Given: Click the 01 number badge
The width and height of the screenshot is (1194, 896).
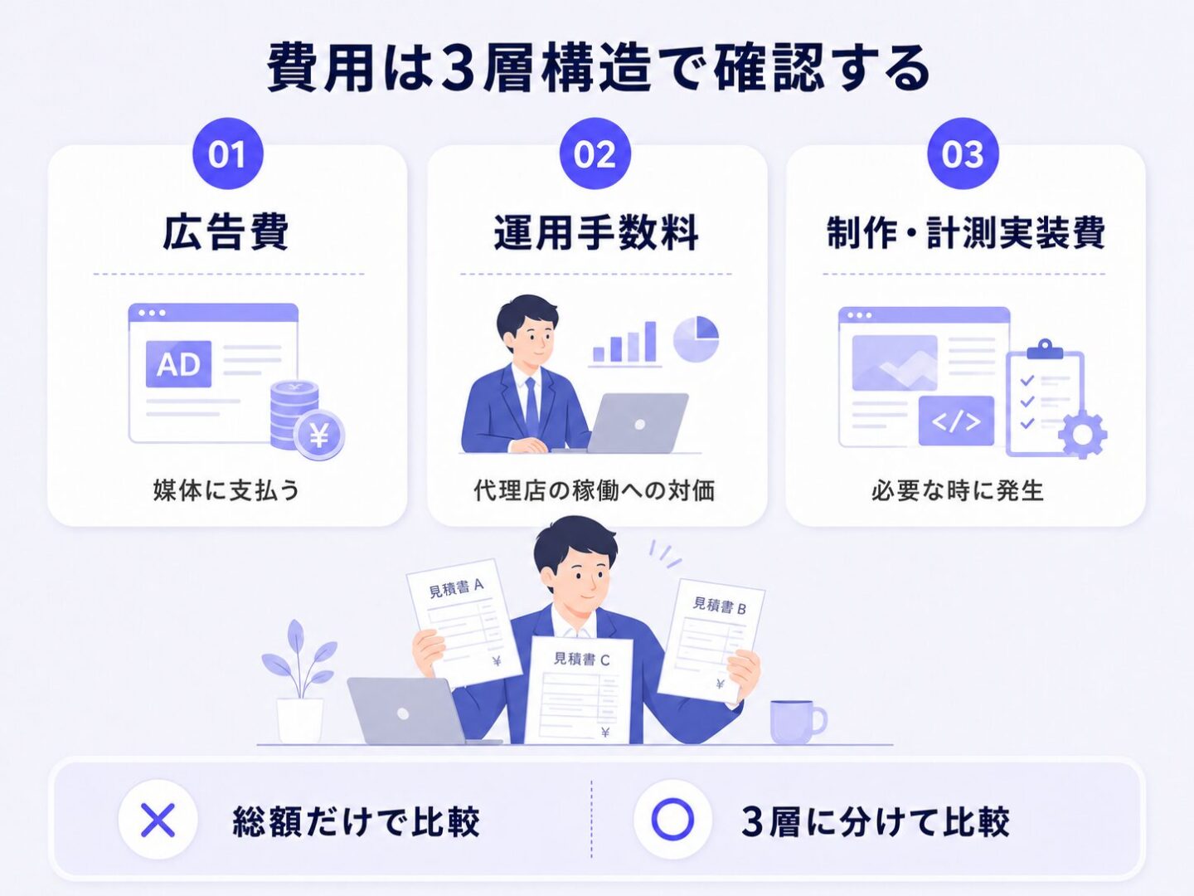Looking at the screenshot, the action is click(228, 153).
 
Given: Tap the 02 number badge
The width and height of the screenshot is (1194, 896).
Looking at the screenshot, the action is click(595, 153).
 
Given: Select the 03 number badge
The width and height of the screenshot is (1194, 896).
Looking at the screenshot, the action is click(963, 153).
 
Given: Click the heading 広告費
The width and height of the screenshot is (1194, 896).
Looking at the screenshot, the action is click(226, 233).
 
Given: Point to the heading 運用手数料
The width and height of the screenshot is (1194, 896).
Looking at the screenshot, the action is click(596, 233).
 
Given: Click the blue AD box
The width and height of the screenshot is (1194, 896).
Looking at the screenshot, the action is click(178, 364).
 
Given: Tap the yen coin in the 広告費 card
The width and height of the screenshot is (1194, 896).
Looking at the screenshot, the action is click(319, 436).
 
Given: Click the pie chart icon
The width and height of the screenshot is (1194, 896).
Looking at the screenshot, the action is click(696, 339).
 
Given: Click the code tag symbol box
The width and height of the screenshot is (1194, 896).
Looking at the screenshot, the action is click(956, 421).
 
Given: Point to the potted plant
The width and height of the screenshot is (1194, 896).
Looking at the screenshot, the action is click(299, 682).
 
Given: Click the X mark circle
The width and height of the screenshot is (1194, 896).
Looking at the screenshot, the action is click(158, 820).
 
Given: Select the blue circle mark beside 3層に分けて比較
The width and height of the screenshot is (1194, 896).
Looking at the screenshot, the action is click(673, 820).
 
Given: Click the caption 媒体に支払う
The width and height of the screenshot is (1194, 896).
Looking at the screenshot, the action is click(226, 490).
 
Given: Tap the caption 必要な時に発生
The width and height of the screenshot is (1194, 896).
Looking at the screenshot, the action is click(958, 490).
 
